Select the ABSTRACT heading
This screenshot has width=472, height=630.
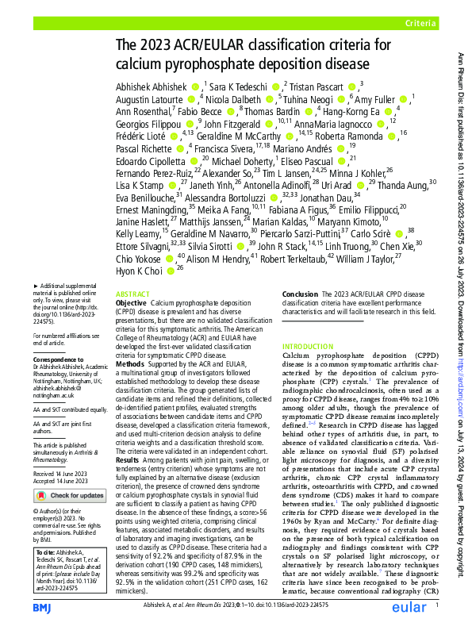coord(132,293)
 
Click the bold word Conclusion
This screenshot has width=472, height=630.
coord(301,294)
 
